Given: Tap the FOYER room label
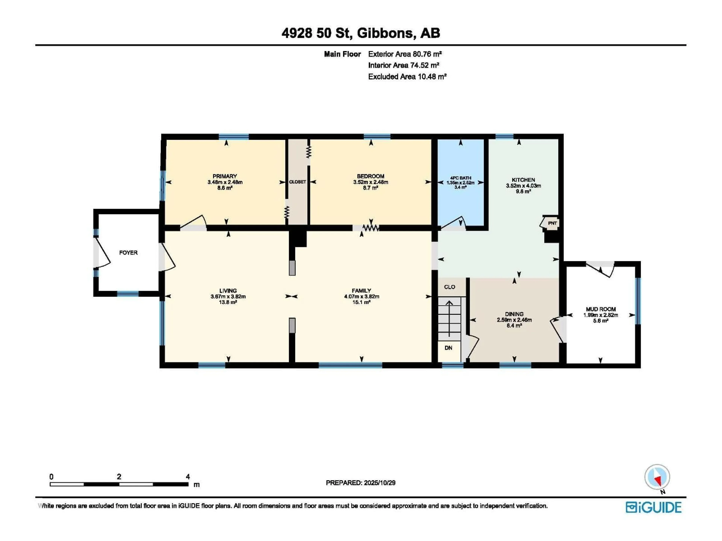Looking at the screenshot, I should tap(128, 253).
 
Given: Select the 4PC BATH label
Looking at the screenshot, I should tap(460, 178).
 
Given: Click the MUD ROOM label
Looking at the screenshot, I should tap(601, 309).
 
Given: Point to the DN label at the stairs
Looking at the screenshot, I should tap(448, 348).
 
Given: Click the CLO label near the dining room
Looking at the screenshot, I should tap(449, 287).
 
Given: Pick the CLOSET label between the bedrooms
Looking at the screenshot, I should tap(297, 182).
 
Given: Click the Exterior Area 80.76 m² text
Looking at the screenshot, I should tap(405, 54).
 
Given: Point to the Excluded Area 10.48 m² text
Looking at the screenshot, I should tap(407, 77).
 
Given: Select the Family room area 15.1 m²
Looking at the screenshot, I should tap(361, 302).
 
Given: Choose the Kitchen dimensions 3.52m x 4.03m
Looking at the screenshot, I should tap(523, 186).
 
